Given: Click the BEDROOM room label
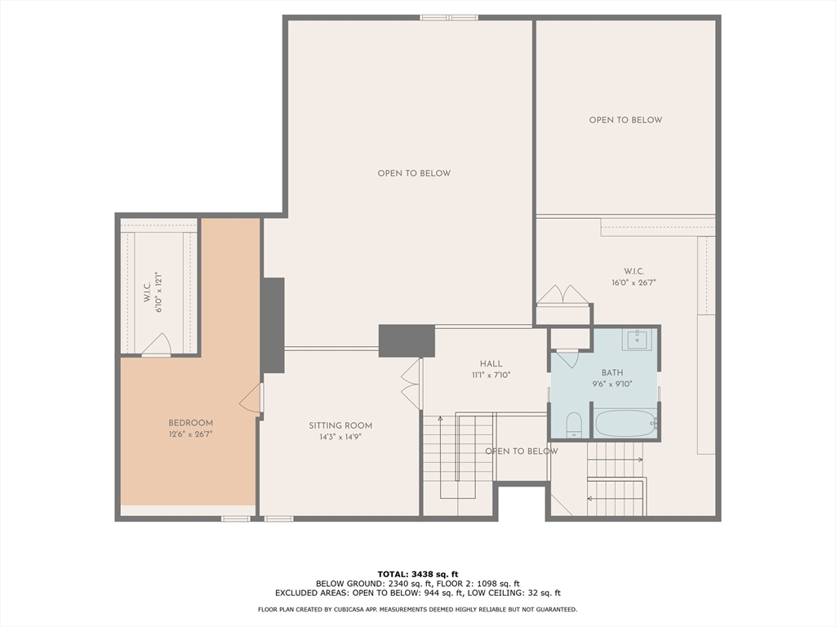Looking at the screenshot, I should click(190, 423).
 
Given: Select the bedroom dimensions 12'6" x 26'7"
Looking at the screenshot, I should click(190, 434).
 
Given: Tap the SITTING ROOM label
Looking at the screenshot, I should click(340, 425).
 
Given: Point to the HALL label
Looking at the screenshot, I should click(491, 364).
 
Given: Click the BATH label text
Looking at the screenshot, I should click(611, 372).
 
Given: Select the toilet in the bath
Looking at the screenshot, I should click(573, 424).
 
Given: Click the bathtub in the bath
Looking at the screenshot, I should click(625, 424).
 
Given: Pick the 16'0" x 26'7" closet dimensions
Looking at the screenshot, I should click(634, 282).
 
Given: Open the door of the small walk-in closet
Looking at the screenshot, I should click(157, 346).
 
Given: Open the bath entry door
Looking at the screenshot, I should click(567, 358).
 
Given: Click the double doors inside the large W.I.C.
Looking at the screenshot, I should click(562, 295).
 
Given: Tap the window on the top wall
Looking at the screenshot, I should click(449, 17).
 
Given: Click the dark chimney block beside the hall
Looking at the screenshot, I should click(407, 340).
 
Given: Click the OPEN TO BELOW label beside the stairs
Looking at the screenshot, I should click(522, 451).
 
